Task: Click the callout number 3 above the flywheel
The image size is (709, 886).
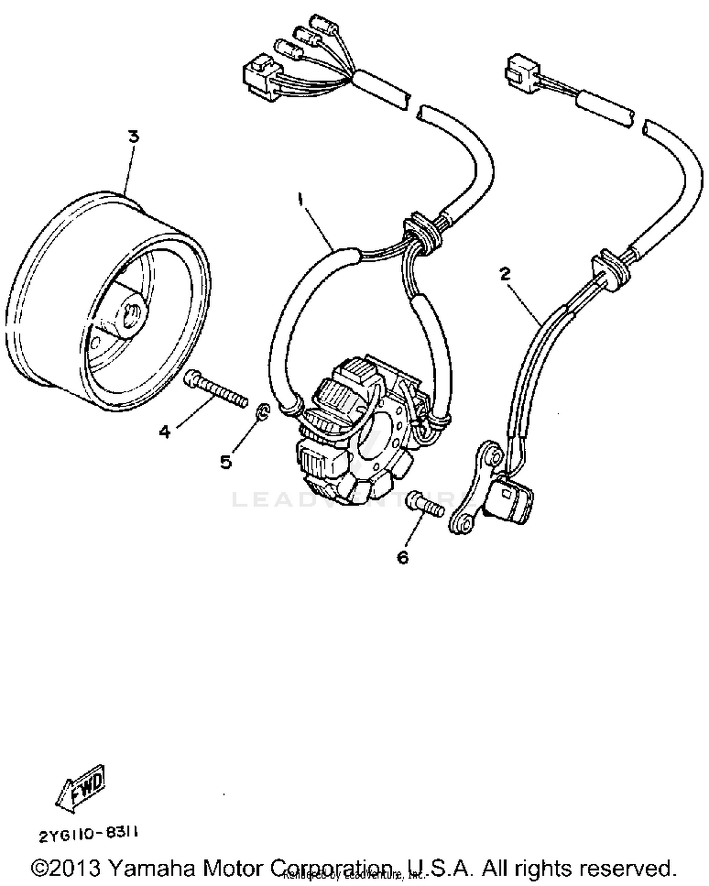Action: pos(134,137)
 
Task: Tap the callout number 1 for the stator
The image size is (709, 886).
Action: pos(300,199)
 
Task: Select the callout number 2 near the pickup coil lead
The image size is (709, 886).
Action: pos(505,274)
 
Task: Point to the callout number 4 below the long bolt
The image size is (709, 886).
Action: pos(164,431)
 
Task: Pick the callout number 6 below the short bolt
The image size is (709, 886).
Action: pos(402,558)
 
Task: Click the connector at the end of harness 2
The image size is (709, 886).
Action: pos(522,70)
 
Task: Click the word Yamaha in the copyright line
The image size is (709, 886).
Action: pos(152,868)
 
